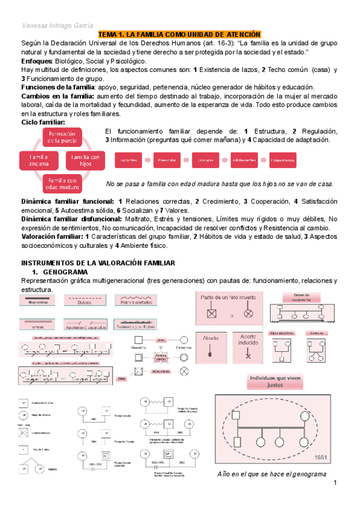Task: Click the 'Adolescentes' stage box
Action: pyautogui.click(x=244, y=160)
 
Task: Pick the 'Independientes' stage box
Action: pyautogui.click(x=283, y=160)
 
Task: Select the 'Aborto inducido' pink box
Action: pyautogui.click(x=247, y=349)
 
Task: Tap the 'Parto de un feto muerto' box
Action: pyautogui.click(x=229, y=306)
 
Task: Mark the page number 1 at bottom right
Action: pyautogui.click(x=336, y=484)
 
